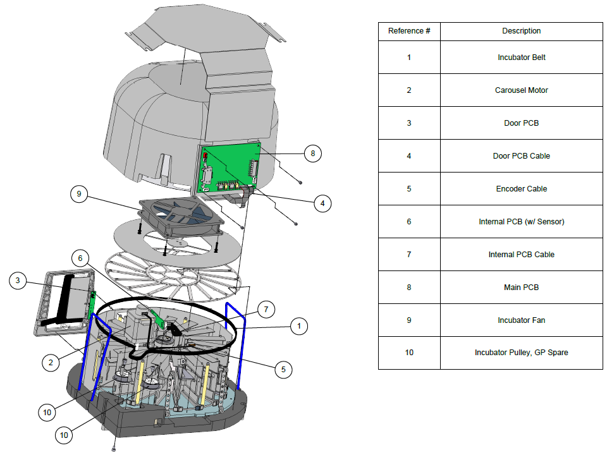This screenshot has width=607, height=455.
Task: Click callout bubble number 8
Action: coord(313,154)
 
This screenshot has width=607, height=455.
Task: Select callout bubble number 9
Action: coord(79,194)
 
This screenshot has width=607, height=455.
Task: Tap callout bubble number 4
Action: coord(322,203)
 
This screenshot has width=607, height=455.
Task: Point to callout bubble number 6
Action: coord(80,258)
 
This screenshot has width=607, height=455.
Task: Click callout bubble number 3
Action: coord(18,281)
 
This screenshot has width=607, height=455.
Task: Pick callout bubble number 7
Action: coord(266,310)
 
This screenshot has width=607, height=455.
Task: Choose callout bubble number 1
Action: coord(299,326)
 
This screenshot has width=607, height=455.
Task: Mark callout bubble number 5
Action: coord(283,370)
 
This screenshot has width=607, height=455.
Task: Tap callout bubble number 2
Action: coord(51,363)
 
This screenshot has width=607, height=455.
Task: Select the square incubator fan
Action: coord(181,216)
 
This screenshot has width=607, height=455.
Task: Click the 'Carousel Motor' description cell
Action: coord(522,90)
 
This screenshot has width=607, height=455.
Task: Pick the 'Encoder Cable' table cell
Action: coord(522,189)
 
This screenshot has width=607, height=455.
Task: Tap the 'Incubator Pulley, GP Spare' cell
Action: coord(522,353)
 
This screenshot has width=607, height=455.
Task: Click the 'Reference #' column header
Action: coord(409,32)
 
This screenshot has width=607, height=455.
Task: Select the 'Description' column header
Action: coord(522,32)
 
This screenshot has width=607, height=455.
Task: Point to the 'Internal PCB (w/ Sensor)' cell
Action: coord(522,222)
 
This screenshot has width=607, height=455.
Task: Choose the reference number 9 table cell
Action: coord(409,320)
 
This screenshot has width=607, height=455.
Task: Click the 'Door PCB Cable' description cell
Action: coord(522,156)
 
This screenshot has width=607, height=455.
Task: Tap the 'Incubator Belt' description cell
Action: coord(522,58)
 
